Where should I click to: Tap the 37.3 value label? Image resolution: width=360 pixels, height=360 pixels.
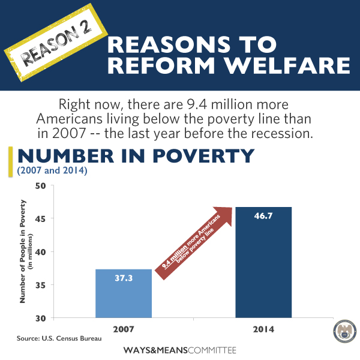123,277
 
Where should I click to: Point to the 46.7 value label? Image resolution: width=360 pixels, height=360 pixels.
263,215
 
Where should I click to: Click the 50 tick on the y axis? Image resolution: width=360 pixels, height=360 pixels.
41,185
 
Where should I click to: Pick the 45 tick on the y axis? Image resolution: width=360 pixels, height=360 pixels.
41,218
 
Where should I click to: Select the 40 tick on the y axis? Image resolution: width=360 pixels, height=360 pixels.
41,251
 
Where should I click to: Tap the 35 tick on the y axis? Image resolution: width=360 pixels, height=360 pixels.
41,284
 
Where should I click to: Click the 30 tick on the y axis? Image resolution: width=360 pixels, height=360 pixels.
41,317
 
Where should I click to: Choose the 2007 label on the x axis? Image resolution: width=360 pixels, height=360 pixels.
123,328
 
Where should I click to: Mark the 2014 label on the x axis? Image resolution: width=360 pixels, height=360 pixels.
263,329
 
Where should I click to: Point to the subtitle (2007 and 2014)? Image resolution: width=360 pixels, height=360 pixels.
53,172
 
